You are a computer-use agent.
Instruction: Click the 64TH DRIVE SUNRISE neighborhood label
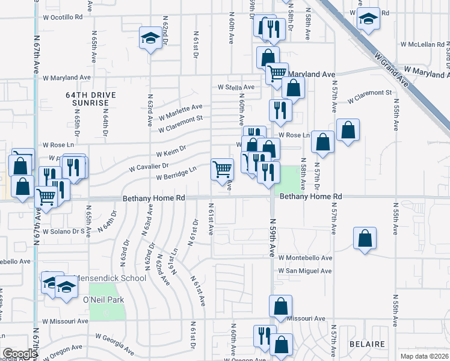(x=91, y=99)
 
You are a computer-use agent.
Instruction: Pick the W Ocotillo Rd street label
(x=63, y=17)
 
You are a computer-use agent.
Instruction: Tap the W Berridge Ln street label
(x=176, y=173)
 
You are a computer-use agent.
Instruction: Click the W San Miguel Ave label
(x=304, y=271)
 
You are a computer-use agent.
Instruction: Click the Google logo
(x=19, y=354)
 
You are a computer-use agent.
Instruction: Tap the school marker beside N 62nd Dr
(x=150, y=39)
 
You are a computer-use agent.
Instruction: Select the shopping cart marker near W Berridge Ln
(x=222, y=168)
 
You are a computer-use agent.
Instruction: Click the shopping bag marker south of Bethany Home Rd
(x=365, y=238)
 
